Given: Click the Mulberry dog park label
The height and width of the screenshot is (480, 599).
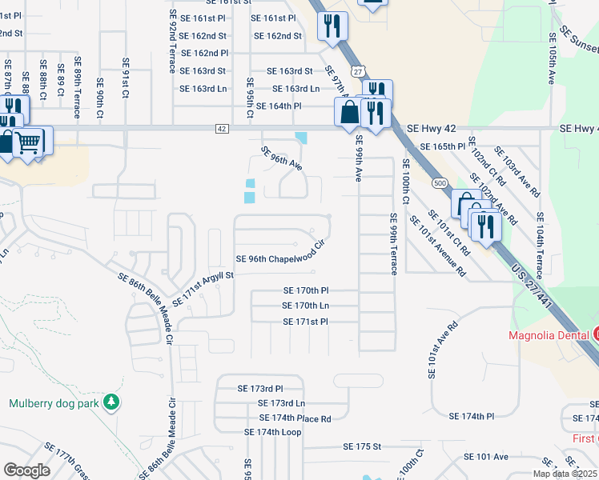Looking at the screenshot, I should pyautogui.click(x=54, y=403).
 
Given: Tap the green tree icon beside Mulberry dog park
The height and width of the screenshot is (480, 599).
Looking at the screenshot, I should pyautogui.click(x=114, y=402).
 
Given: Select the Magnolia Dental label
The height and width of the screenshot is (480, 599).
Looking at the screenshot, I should pyautogui.click(x=549, y=334).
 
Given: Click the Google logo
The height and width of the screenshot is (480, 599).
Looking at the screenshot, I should pyautogui.click(x=26, y=470).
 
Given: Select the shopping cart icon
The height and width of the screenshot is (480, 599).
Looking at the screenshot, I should pyautogui.click(x=28, y=142).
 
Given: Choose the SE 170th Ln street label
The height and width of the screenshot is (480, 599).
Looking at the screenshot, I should pyautogui.click(x=306, y=306).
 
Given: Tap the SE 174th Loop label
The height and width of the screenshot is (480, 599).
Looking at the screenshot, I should pyautogui.click(x=273, y=432).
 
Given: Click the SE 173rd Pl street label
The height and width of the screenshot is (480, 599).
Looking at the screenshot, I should pyautogui.click(x=260, y=388).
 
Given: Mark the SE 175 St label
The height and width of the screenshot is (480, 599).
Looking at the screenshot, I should pyautogui.click(x=355, y=446).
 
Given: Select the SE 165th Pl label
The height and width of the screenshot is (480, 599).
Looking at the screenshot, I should pyautogui.click(x=443, y=147).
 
